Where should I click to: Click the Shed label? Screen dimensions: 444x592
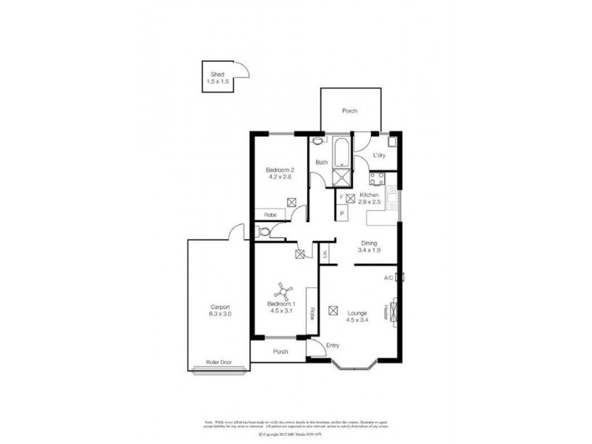pyautogui.click(x=217, y=75)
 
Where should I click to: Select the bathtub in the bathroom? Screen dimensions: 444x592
pyautogui.click(x=342, y=152)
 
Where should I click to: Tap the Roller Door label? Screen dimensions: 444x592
pyautogui.click(x=218, y=362)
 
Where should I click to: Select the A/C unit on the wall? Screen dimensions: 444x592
pyautogui.click(x=400, y=278)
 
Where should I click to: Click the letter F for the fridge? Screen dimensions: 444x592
pyautogui.click(x=343, y=198)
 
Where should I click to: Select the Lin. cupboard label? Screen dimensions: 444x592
pyautogui.click(x=325, y=254)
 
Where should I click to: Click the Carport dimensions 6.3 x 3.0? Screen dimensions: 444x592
pyautogui.click(x=220, y=314)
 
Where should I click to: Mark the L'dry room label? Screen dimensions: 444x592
pyautogui.click(x=379, y=155)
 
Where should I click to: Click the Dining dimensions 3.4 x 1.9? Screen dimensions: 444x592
pyautogui.click(x=369, y=251)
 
